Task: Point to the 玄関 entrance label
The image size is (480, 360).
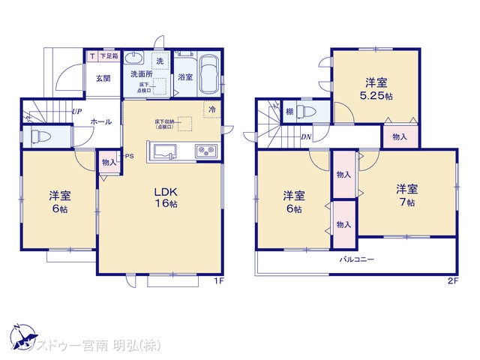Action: click(103, 77)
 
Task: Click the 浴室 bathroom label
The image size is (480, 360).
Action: click(184, 77)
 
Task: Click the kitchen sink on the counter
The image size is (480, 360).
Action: click(165, 152)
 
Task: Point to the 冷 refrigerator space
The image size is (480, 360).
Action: click(211, 109)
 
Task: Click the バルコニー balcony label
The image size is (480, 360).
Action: click(356, 259)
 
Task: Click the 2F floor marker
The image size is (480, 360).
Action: click(452, 281)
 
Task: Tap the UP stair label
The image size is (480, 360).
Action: click(76, 112)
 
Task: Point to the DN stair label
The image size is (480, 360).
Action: click(306, 137)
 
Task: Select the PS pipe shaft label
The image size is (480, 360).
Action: click(129, 157)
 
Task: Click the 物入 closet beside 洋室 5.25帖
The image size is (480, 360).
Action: click(399, 136)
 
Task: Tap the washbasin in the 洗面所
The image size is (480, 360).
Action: click(136, 60)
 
